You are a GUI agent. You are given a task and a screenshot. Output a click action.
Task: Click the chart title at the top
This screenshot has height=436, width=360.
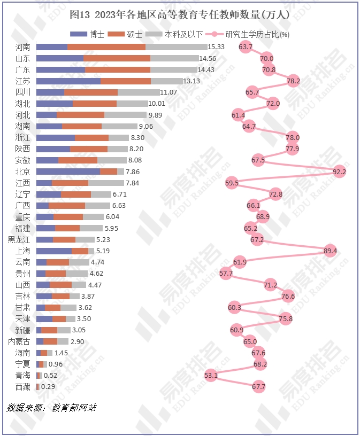pos(180,15)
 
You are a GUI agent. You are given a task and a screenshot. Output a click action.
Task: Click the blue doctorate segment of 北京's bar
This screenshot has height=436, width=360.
pos(68,172)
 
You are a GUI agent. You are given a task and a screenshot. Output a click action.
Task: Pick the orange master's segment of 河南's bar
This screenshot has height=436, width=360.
pos(106,47)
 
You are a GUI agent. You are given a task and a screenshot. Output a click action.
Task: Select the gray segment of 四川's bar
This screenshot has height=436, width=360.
pos(138,92)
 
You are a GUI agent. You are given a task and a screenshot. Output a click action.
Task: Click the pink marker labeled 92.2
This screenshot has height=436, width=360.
pos(339,172)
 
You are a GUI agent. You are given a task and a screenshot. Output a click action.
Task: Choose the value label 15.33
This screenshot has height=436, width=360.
pos(216,47)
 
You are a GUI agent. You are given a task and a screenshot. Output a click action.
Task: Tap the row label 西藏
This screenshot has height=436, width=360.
pos(23,386)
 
